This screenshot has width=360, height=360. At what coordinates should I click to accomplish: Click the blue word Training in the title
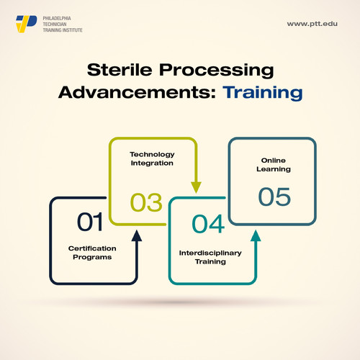pos(263,93)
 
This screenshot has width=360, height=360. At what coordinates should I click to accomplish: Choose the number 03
pos(146,202)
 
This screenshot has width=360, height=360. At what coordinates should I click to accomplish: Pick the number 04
pos(209,223)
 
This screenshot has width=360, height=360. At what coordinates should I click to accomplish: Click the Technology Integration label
pos(152,158)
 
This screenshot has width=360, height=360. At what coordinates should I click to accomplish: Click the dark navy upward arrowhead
pos(137,235)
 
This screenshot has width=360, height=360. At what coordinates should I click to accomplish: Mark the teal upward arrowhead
pos(256,235)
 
